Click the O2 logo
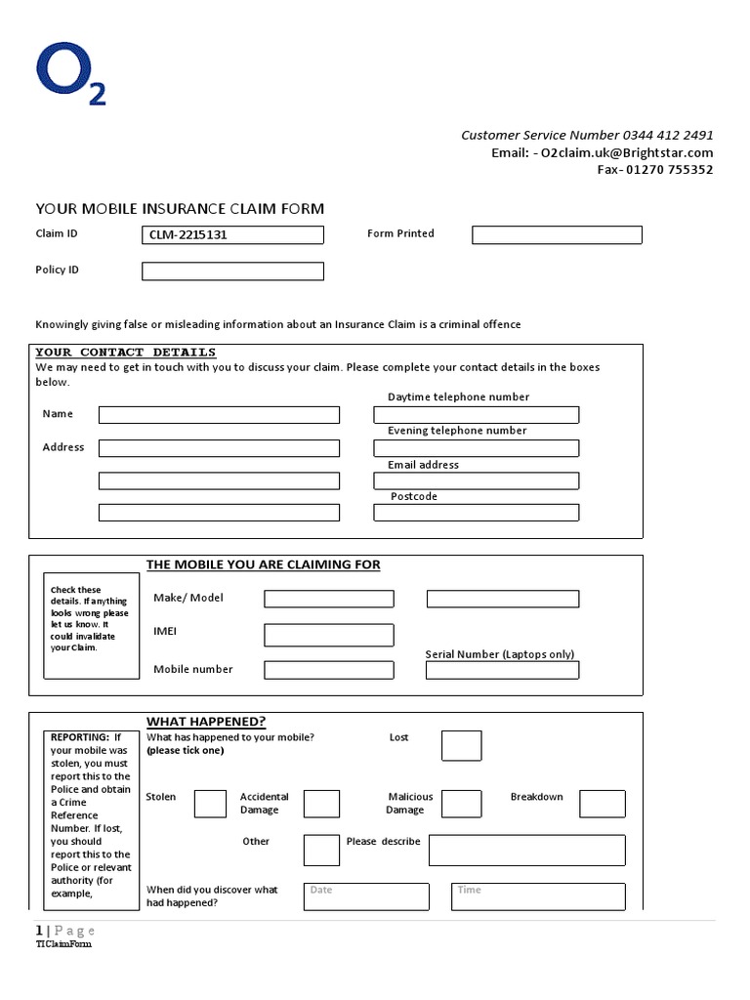click(x=69, y=75)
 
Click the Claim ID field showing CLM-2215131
click(x=232, y=235)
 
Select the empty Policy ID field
click(x=232, y=271)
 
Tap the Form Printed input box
click(x=557, y=234)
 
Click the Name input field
click(x=219, y=415)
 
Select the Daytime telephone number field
click(x=476, y=415)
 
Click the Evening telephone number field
click(x=476, y=448)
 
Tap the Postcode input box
click(x=476, y=513)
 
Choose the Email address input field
click(x=476, y=480)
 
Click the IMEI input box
click(x=329, y=635)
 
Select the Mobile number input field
click(x=329, y=670)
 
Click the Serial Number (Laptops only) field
click(x=502, y=670)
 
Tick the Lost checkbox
click(x=461, y=745)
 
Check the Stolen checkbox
click(x=210, y=804)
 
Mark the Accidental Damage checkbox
click(x=321, y=804)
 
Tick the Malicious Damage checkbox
click(x=461, y=804)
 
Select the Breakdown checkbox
click(x=602, y=804)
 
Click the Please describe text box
click(x=526, y=850)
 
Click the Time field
click(x=538, y=896)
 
